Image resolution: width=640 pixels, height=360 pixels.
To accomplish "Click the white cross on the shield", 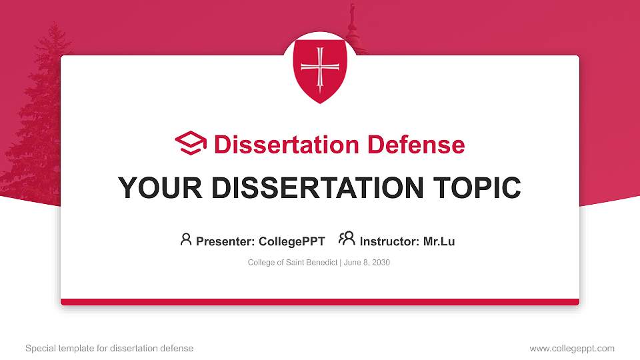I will point(320,67).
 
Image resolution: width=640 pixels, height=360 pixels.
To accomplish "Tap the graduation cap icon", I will point(191,143).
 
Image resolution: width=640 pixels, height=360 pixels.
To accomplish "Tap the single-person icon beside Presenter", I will point(186,239).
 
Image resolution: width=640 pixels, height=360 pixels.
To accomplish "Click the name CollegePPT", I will point(291,241).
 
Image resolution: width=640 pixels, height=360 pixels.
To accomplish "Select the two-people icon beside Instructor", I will point(347,239).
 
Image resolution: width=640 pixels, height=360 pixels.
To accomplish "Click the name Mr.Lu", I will point(439,241).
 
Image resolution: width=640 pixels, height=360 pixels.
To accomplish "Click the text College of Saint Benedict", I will point(293,263).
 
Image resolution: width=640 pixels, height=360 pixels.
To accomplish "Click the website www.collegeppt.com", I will point(571,348).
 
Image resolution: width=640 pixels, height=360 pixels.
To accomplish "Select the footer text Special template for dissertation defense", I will point(109,348).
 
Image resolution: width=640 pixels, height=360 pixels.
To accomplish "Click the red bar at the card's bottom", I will point(320,302).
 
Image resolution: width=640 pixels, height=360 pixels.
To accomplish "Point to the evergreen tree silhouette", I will point(33,127).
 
